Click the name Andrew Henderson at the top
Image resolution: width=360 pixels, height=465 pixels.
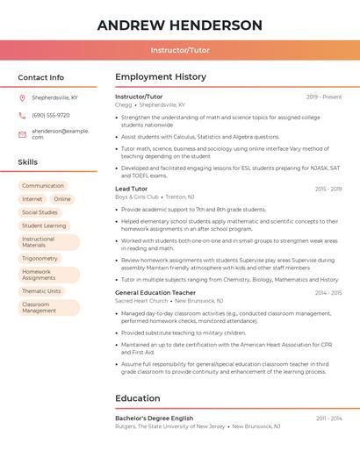tap(180, 25)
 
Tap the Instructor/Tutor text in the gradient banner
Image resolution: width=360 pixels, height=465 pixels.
tap(180, 51)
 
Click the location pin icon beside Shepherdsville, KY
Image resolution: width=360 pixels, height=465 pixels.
tap(22, 98)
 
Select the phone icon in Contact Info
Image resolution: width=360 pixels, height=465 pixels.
tap(22, 116)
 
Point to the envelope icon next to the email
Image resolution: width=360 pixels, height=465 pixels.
tap(22, 134)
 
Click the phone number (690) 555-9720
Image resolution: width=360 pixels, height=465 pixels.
tap(51, 116)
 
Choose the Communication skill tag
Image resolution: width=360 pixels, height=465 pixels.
tap(43, 186)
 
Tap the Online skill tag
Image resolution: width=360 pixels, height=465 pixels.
tap(62, 199)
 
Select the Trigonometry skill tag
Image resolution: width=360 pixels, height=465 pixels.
tap(40, 259)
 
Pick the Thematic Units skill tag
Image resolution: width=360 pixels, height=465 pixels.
tap(42, 291)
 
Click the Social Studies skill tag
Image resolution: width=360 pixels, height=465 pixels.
tap(40, 212)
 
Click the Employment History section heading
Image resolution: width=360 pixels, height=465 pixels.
tap(161, 77)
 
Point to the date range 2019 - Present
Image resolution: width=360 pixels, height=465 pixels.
tap(324, 97)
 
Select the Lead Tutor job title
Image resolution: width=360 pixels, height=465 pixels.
tap(132, 189)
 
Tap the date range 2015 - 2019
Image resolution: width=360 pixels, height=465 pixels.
tap(328, 189)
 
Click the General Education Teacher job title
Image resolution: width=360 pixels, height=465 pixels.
tap(155, 292)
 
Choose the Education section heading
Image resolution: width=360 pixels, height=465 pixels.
tap(138, 398)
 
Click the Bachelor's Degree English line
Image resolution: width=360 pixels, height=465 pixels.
tap(154, 418)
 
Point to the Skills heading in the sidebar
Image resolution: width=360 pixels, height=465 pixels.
tap(28, 162)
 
